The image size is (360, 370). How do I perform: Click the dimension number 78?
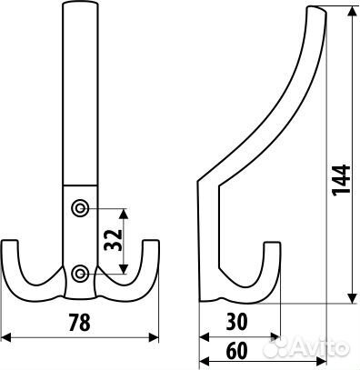point(80,322)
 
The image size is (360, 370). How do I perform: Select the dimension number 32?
point(113,240)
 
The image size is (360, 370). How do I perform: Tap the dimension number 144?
point(341,180)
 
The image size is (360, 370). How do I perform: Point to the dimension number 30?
point(236,322)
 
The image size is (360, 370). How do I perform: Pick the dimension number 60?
point(236,351)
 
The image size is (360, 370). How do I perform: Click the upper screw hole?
point(80,208)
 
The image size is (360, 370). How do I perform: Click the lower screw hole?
point(80,274)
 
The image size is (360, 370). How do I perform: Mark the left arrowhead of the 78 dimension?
point(6,337)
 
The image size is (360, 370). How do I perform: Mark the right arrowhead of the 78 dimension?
point(154,337)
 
